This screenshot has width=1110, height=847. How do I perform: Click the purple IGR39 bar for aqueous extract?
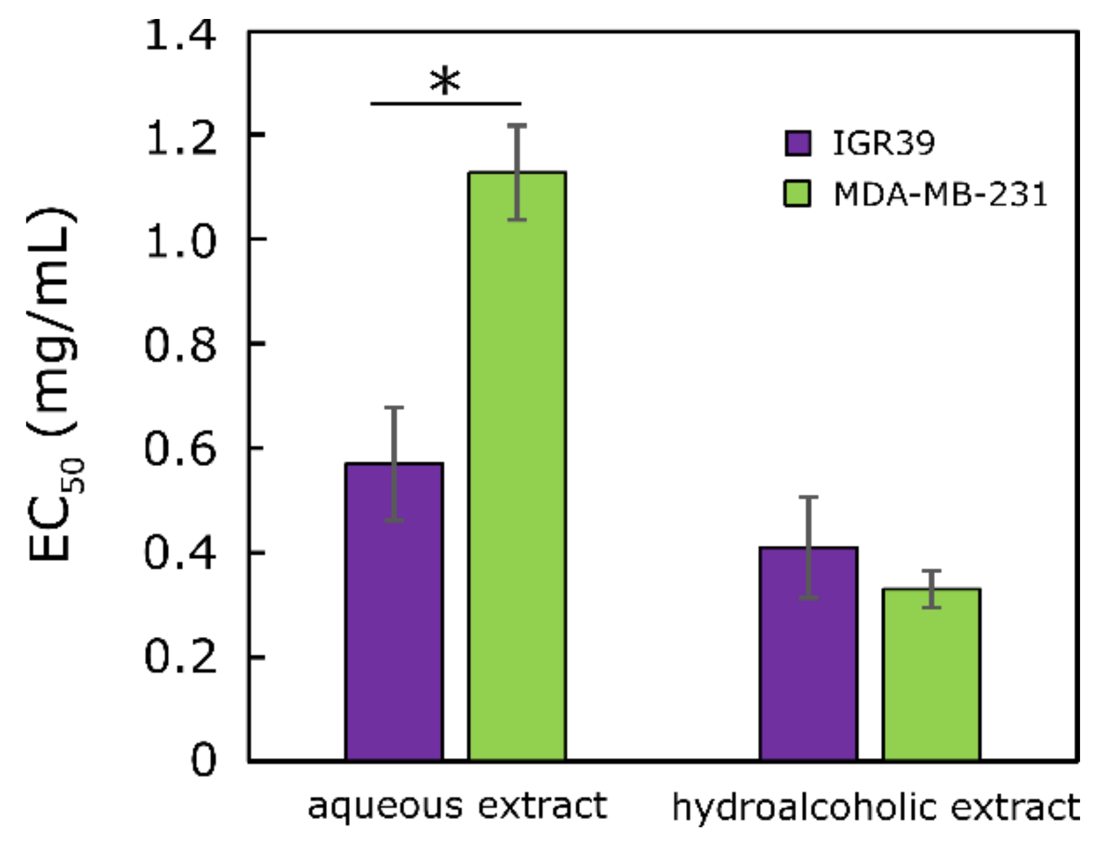coord(394,612)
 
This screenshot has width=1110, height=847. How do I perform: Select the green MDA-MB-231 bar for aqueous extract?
coord(517,465)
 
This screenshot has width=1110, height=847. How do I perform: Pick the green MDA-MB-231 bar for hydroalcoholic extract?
coord(931,674)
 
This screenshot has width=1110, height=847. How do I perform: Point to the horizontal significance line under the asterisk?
coord(445,104)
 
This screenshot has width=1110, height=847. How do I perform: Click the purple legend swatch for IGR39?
coord(798,143)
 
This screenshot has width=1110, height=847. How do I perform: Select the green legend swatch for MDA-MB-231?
coord(798,195)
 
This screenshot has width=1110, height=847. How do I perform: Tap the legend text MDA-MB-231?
coord(940,195)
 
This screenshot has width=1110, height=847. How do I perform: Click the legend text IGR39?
coord(883,143)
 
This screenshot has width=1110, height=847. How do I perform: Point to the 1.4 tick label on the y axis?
coord(180,35)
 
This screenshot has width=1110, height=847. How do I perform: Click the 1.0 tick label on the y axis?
coord(180,241)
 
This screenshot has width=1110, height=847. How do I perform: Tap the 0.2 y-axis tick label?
coord(180,657)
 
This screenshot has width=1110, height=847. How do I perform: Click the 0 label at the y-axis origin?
coord(203,761)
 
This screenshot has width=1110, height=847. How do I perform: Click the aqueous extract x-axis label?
coord(457,806)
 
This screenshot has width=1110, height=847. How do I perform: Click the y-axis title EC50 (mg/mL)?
coord(53,386)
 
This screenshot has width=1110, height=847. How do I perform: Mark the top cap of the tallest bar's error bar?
coord(517,126)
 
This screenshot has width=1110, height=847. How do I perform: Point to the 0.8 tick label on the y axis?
coord(180,345)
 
